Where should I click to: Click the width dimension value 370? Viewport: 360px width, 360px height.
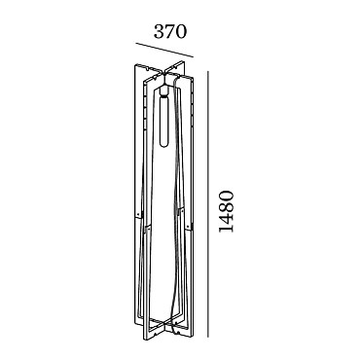[170, 32]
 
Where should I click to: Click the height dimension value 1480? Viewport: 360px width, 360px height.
[226, 211]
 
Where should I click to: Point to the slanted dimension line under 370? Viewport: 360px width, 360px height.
[164, 50]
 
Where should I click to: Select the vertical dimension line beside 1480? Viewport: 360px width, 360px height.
[208, 204]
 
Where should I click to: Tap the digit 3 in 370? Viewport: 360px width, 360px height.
[159, 32]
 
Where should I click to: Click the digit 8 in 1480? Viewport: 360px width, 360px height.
[226, 206]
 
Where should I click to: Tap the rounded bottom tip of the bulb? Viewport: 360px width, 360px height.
[164, 148]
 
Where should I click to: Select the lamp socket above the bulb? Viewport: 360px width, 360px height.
[164, 91]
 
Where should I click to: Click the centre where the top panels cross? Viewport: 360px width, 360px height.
[164, 74]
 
